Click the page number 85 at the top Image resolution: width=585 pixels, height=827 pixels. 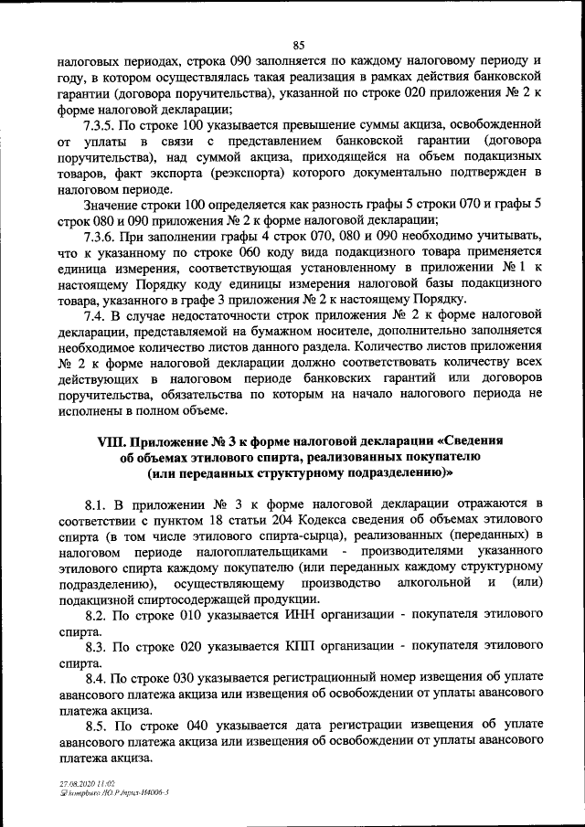(299, 46)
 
